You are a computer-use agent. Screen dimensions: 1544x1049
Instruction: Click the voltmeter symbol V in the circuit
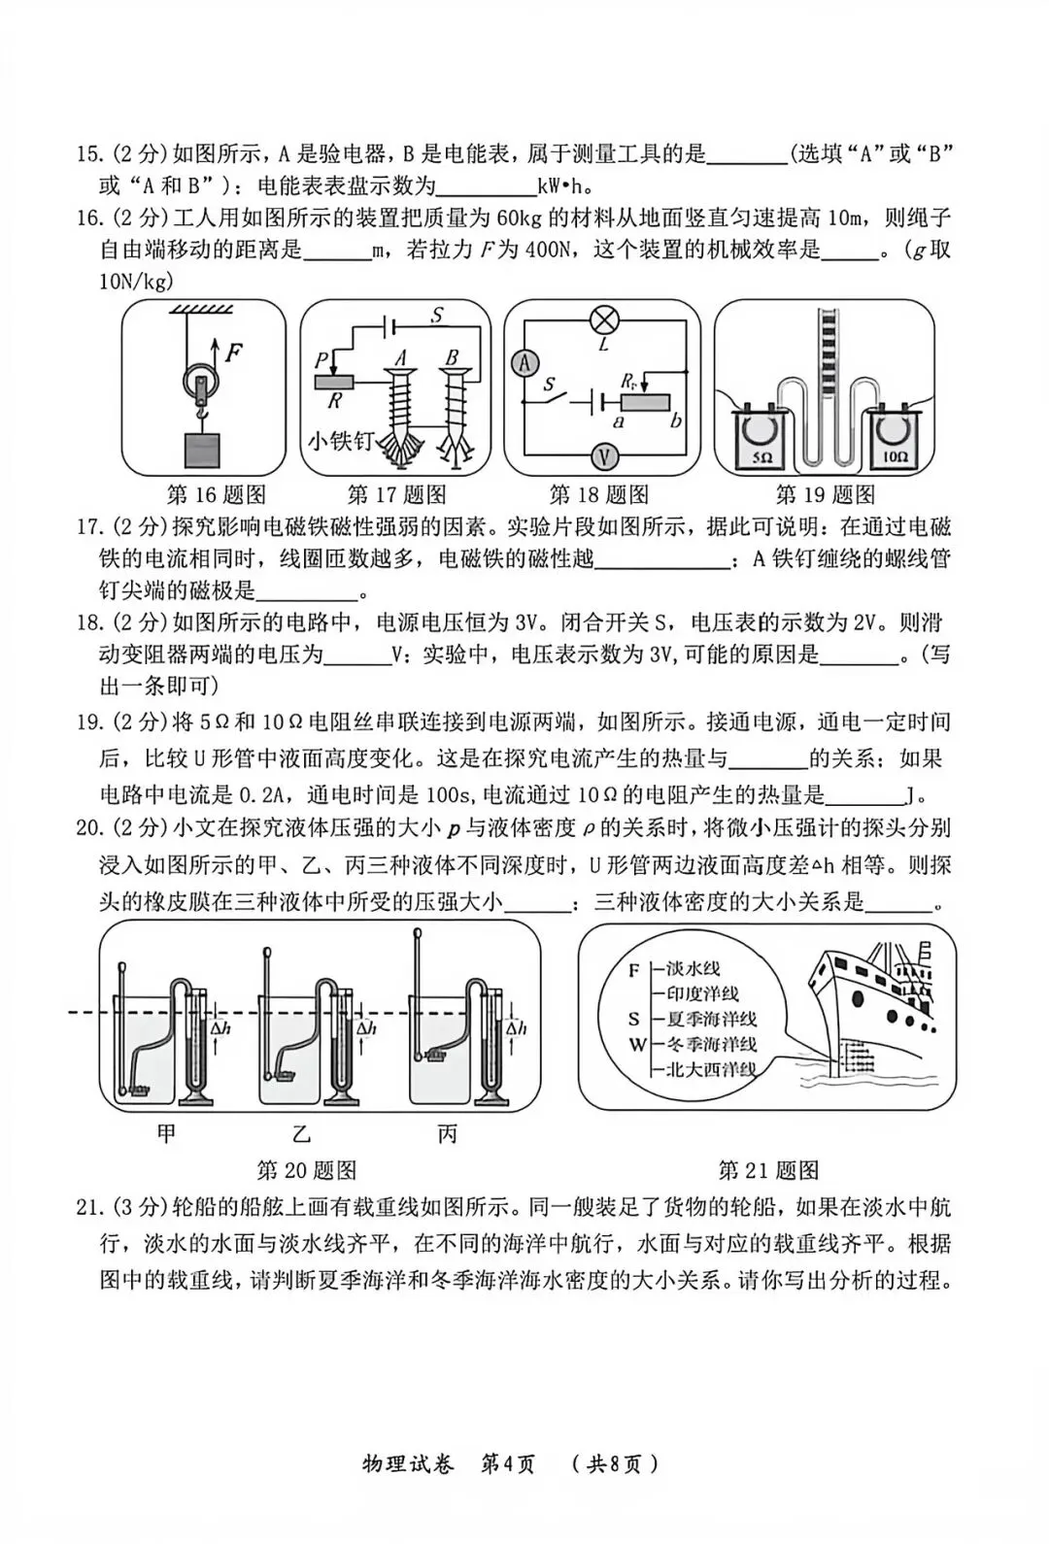coord(604,455)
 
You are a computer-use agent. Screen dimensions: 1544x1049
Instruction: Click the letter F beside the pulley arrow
coord(233,352)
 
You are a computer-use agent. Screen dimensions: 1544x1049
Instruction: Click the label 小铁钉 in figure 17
coord(340,441)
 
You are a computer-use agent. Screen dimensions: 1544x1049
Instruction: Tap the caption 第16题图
coord(216,494)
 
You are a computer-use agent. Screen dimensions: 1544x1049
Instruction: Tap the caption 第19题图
coord(825,494)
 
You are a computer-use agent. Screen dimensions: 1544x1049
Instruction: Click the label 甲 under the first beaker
coord(166,1132)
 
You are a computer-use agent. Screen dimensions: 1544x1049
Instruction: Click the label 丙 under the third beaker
coord(447,1132)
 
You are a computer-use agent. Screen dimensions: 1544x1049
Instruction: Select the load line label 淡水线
coord(693,968)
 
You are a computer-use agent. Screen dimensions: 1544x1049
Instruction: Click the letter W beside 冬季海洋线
coord(636,1045)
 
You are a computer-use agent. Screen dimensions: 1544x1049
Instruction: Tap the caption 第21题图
coord(767,1170)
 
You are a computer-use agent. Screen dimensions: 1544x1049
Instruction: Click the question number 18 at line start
coord(88,622)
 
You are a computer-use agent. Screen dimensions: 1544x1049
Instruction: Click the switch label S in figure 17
coord(437,315)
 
